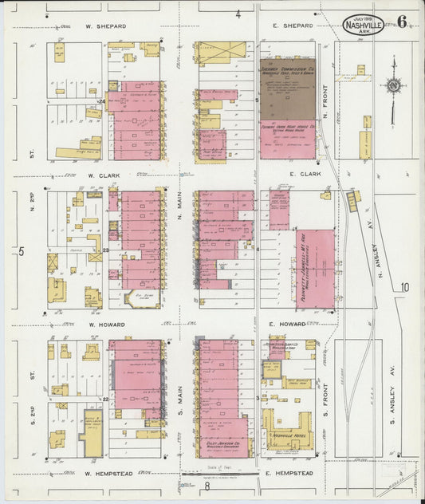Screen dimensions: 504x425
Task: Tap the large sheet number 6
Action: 402,22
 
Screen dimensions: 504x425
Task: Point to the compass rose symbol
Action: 392,85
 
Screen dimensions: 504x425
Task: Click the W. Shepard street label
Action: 107,25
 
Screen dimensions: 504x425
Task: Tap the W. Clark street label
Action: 103,175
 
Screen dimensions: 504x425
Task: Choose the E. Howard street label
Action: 289,324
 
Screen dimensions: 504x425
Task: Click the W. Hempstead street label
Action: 108,474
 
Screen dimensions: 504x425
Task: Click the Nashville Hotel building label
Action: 289,437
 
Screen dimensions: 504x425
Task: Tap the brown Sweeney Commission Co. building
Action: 287,89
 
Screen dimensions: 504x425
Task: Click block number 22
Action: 105,398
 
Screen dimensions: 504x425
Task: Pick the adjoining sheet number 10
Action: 405,287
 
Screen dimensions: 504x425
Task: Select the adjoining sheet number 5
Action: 22,252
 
